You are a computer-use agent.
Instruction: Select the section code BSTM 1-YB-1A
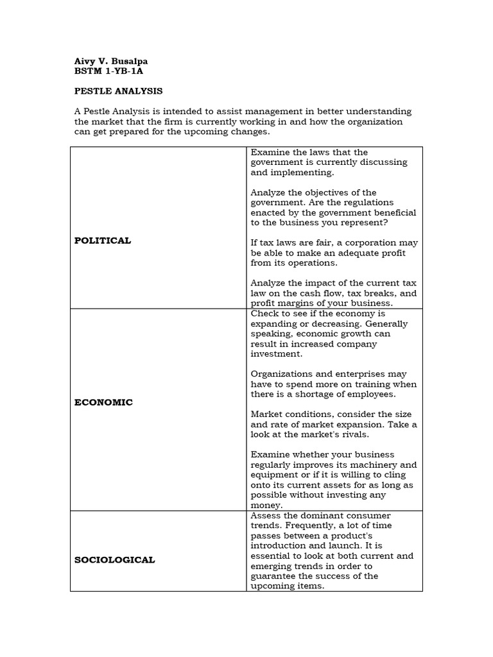click(x=108, y=71)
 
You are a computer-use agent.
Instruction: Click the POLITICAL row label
click(x=103, y=241)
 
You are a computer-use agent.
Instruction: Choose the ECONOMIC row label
click(x=104, y=402)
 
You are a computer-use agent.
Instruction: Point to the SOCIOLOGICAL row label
click(x=115, y=559)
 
